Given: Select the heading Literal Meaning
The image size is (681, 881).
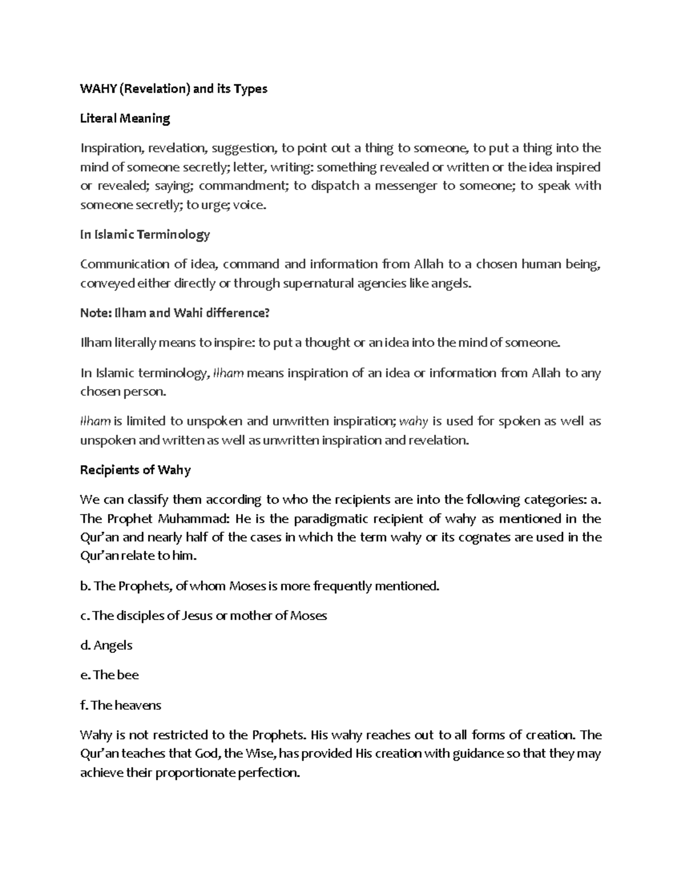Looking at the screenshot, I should pyautogui.click(x=125, y=119).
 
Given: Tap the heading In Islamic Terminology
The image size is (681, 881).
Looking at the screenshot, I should pyautogui.click(x=145, y=234).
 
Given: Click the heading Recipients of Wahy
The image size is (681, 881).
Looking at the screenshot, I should pyautogui.click(x=135, y=470).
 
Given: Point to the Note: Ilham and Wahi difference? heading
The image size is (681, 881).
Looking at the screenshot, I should pyautogui.click(x=174, y=313).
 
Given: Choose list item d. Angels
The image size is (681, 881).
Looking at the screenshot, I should pyautogui.click(x=106, y=645).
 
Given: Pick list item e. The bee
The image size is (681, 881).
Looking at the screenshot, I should pyautogui.click(x=109, y=675).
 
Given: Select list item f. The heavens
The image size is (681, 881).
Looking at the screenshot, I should pyautogui.click(x=120, y=705).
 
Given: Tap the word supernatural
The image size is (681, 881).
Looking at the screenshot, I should pyautogui.click(x=316, y=283).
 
